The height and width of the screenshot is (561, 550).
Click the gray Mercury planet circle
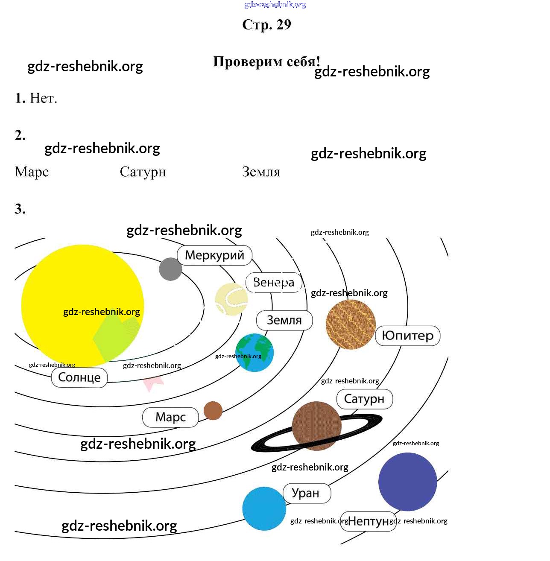click(170, 269)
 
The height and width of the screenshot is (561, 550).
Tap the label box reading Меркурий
click(214, 255)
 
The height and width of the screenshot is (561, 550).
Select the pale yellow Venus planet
click(231, 299)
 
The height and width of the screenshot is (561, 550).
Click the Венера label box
click(274, 283)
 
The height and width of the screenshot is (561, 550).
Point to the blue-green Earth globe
click(255, 353)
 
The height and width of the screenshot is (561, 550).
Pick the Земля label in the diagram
click(284, 320)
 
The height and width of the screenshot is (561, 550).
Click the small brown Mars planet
click(213, 411)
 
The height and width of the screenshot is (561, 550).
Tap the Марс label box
click(170, 417)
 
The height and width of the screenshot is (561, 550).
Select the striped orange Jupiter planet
click(351, 324)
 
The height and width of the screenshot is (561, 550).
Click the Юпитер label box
click(408, 336)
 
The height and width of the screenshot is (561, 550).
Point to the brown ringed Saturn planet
click(316, 426)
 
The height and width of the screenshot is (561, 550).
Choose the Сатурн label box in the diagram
click(364, 399)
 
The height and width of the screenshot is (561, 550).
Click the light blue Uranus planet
click(264, 509)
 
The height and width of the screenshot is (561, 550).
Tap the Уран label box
click(306, 493)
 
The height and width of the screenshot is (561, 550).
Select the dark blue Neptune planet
click(407, 482)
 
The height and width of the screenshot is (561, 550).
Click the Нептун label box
click(369, 521)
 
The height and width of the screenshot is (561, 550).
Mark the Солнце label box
click(79, 377)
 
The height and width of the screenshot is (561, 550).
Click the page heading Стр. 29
click(266, 25)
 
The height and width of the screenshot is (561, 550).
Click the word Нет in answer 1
click(43, 98)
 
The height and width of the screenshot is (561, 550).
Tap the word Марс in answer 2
click(32, 172)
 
